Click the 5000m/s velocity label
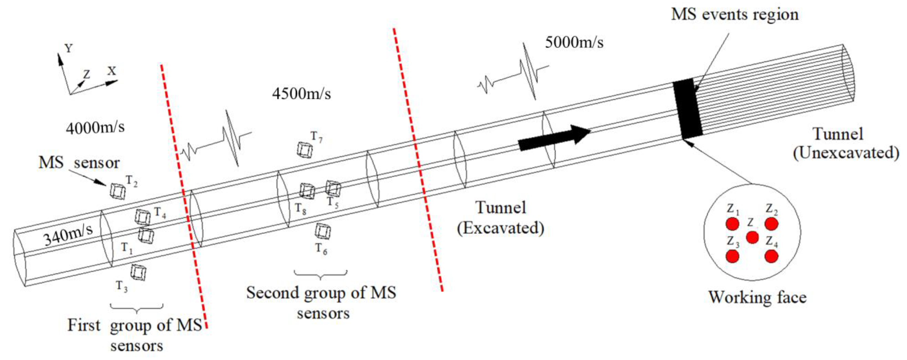(x=574, y=43)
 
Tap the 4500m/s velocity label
(x=301, y=94)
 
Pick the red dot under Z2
(x=771, y=224)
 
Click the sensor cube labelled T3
(x=138, y=272)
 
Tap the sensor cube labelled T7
(x=304, y=150)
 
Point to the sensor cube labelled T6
(x=323, y=231)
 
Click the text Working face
(x=757, y=297)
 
